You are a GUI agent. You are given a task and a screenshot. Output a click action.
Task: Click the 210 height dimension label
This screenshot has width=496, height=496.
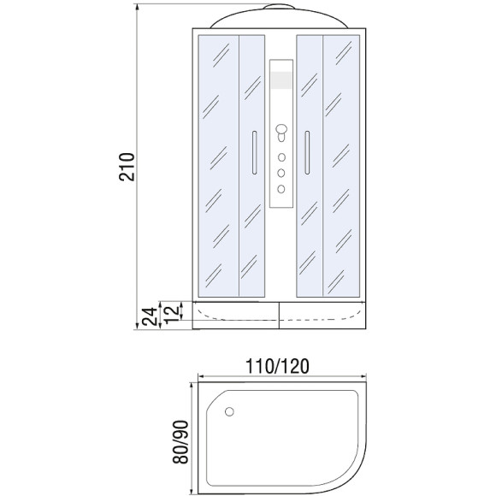point(127,167)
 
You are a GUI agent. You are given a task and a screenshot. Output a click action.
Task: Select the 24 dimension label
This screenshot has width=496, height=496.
point(150,316)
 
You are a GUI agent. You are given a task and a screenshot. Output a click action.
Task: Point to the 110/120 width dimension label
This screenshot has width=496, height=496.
point(277,366)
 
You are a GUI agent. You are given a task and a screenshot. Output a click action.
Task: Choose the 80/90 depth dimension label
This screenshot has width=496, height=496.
point(180,442)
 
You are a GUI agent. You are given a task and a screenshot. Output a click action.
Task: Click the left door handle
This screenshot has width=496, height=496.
point(254,152)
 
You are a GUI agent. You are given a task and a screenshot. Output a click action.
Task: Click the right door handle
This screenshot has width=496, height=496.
point(307,152)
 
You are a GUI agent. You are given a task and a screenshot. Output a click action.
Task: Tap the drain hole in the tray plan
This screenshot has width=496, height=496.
point(229,411)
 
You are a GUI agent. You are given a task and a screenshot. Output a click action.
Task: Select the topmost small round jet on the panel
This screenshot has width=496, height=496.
point(281,157)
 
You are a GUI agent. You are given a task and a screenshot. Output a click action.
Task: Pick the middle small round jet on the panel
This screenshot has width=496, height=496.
point(280,173)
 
